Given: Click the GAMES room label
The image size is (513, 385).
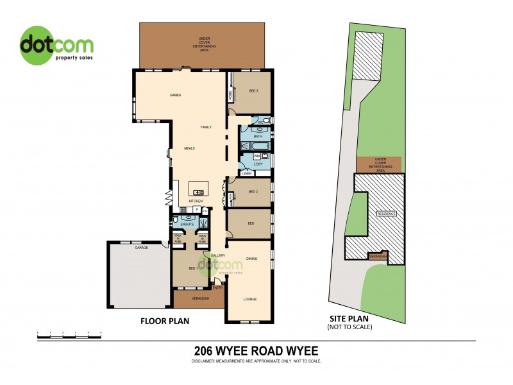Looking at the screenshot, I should (x=175, y=95).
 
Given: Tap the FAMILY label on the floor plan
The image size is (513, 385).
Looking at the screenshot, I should (x=206, y=127).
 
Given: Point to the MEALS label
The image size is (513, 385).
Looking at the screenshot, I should (x=189, y=148).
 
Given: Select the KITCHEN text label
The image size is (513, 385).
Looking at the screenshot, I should (x=196, y=201).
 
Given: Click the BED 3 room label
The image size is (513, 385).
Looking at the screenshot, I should (x=254, y=91).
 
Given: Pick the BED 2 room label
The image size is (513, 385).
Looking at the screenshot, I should (x=253, y=192).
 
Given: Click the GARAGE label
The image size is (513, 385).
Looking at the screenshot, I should (x=142, y=248).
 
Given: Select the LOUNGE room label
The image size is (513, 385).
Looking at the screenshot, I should (x=249, y=299).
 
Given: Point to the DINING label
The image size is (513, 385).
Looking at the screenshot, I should (x=251, y=259).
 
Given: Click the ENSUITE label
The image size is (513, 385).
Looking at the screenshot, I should (x=187, y=225).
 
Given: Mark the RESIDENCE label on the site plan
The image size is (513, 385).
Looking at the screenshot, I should (x=387, y=214).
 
